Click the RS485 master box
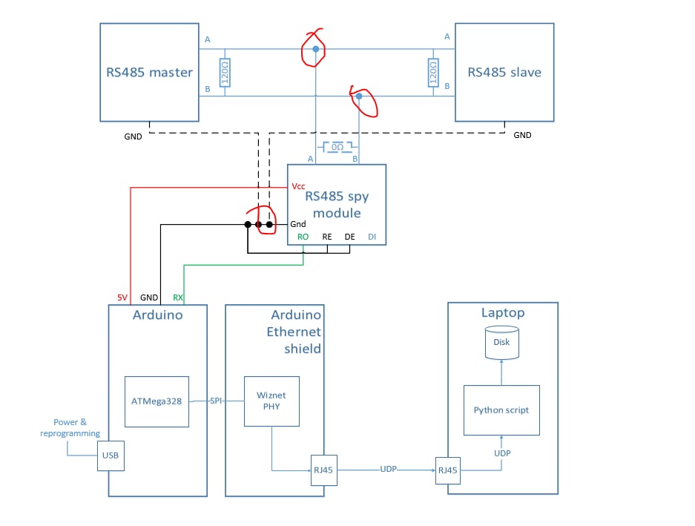click(x=149, y=72)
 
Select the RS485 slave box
click(x=504, y=72)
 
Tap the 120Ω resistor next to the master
click(x=225, y=73)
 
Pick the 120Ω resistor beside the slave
click(x=433, y=73)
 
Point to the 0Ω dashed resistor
click(x=337, y=148)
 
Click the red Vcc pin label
click(x=299, y=186)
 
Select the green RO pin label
click(x=303, y=237)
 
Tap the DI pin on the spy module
click(x=372, y=237)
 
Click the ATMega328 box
click(x=157, y=401)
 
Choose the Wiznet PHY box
click(x=271, y=401)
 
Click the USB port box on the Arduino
click(x=111, y=456)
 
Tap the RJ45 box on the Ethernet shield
click(x=324, y=469)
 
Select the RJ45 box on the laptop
click(x=448, y=469)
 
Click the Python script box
click(x=501, y=410)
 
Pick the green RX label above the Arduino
click(x=178, y=297)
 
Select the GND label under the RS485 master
click(x=133, y=136)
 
